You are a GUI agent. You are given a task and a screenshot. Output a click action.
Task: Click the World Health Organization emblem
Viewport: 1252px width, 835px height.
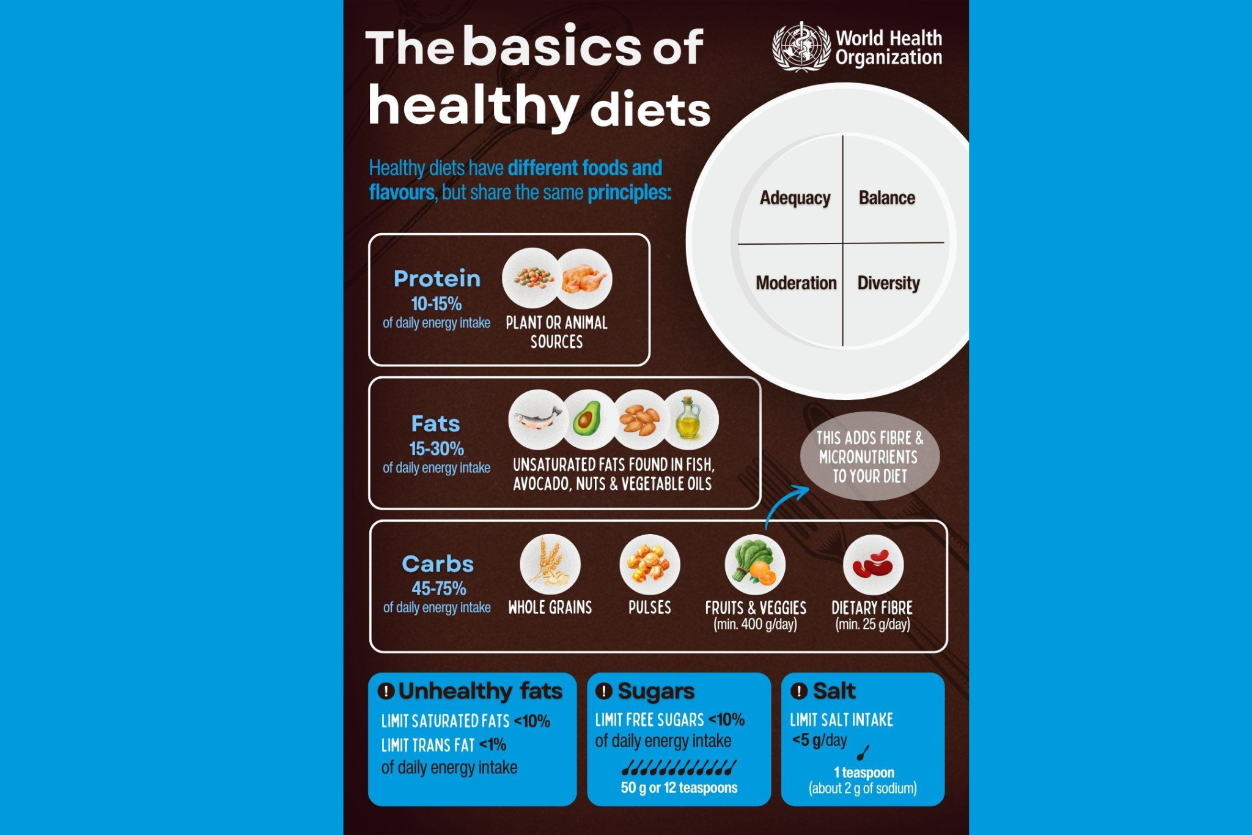[801, 47]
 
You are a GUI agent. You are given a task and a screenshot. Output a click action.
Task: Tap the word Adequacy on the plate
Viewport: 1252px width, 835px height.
[795, 198]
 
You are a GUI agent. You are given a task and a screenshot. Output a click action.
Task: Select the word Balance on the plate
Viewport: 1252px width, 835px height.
[886, 198]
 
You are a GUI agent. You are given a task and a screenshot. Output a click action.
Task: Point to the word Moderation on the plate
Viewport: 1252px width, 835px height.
[796, 283]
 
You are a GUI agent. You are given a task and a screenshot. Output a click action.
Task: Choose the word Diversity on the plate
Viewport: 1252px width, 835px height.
[888, 283]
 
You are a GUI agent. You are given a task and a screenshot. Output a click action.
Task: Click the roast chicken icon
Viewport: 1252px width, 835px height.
[584, 278]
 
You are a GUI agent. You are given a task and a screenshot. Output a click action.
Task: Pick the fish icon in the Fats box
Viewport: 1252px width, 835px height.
[537, 420]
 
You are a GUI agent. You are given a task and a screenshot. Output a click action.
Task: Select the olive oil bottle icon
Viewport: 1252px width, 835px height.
[690, 420]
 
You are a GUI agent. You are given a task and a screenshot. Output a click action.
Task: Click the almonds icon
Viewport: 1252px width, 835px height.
[639, 420]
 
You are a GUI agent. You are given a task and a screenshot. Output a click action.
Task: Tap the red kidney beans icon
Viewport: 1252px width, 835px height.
[872, 565]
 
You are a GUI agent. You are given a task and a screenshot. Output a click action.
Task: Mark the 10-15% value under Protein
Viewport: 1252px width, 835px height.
[436, 304]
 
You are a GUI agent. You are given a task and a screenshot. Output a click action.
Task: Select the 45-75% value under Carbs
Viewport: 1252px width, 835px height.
[438, 588]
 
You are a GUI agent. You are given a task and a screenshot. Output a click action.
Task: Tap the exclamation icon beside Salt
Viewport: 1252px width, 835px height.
[799, 691]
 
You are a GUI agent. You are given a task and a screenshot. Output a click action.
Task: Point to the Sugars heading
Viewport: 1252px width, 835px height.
[655, 691]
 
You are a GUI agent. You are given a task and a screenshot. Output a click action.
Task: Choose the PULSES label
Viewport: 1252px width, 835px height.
[649, 607]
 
